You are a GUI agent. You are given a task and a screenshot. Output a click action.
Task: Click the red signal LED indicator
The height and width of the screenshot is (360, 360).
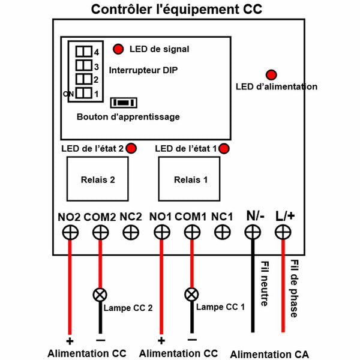(118, 49)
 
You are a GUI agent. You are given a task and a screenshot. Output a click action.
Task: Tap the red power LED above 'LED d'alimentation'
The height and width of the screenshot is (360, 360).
(271, 75)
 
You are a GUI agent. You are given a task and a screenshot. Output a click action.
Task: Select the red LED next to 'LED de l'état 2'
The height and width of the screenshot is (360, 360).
(131, 148)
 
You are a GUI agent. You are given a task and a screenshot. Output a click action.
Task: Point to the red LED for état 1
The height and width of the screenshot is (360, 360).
(224, 148)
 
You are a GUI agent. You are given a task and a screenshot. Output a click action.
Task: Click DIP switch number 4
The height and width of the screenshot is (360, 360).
(84, 52)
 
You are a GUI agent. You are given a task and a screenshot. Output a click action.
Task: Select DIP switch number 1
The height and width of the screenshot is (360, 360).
(84, 93)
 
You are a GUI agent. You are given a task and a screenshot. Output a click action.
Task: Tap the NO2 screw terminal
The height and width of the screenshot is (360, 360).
(70, 232)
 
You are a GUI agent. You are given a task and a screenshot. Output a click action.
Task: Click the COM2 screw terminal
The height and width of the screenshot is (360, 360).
(100, 232)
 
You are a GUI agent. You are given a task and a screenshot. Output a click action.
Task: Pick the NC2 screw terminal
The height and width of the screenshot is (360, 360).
(131, 232)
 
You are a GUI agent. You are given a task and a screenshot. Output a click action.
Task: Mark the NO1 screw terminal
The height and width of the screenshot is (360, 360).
(162, 232)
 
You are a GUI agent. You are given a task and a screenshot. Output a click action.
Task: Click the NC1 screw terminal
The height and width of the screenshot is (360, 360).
(222, 232)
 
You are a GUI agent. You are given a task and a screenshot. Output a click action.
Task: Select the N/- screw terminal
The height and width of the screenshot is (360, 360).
(253, 232)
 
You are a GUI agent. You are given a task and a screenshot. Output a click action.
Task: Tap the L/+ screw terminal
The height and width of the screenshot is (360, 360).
(283, 232)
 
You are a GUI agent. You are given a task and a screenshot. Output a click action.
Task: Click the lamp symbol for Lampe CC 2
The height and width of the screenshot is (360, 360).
(100, 295)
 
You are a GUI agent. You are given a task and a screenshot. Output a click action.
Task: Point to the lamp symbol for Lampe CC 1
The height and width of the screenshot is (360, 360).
(191, 295)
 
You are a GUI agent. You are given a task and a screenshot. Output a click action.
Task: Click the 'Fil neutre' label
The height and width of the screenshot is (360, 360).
(265, 284)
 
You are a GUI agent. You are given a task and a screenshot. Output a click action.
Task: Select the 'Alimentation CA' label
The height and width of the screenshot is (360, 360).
(269, 354)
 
